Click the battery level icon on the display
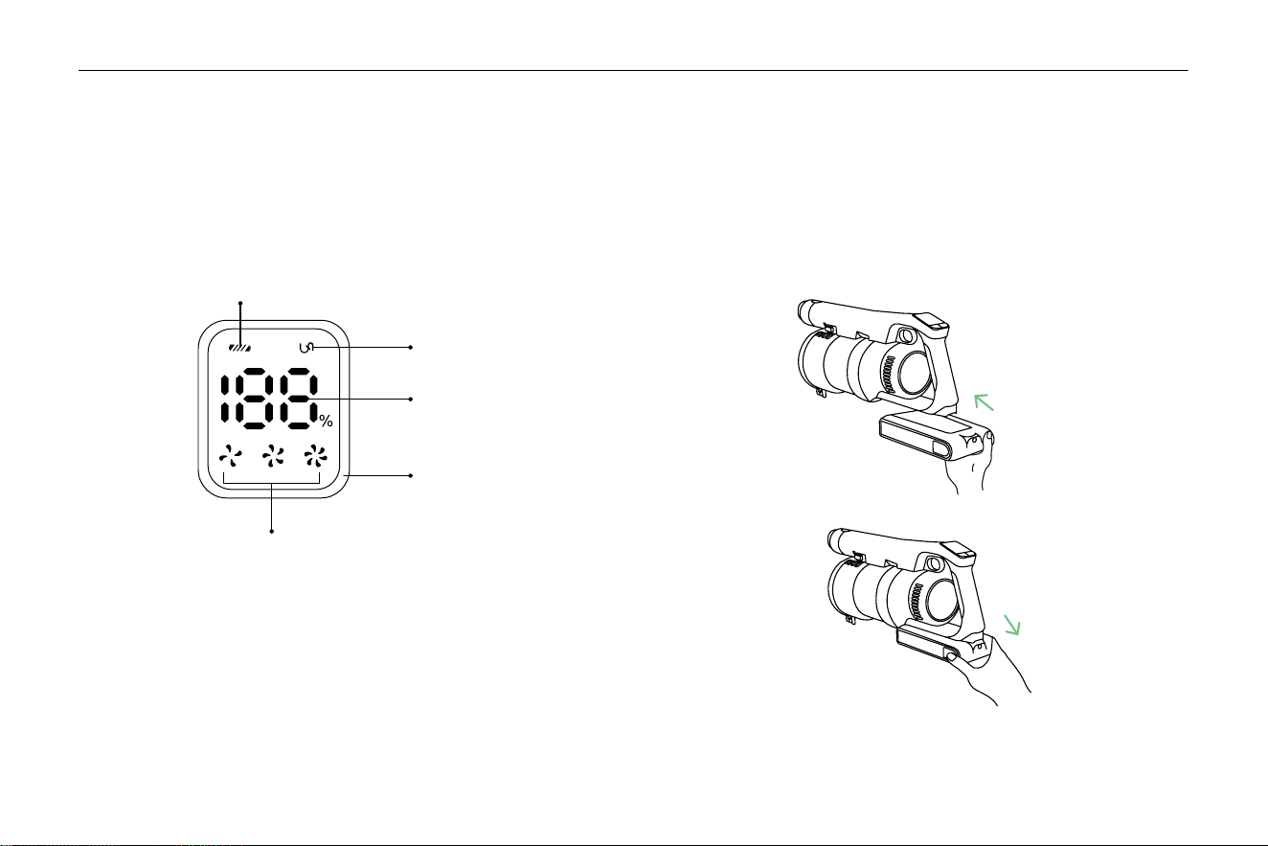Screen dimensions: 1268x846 click(x=240, y=348)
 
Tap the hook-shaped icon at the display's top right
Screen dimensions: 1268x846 click(x=306, y=348)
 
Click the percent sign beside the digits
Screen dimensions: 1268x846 click(x=326, y=421)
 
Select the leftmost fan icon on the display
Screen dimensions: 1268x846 click(x=231, y=456)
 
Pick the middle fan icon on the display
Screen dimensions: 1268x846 click(x=273, y=456)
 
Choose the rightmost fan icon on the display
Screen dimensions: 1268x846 click(x=315, y=456)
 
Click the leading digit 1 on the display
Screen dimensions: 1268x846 click(x=225, y=400)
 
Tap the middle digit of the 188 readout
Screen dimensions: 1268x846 click(x=255, y=399)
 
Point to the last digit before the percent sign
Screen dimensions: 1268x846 click(x=298, y=399)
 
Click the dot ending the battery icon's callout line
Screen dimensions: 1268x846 click(x=240, y=304)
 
